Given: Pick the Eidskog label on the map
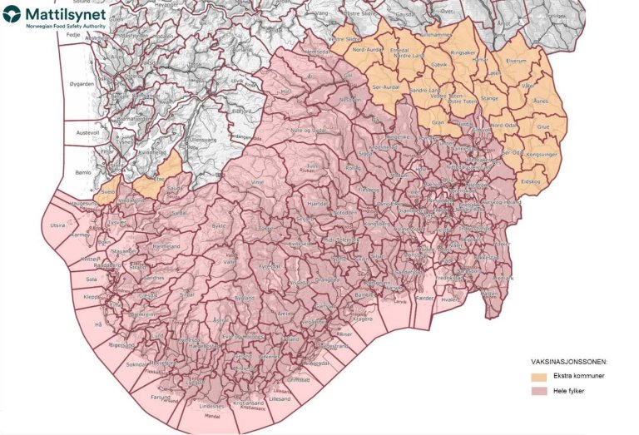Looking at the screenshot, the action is point(531,181).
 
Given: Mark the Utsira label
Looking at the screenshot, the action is point(57,225).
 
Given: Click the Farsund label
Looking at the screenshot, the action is point(161,398).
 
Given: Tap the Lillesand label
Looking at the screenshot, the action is point(280,398).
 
